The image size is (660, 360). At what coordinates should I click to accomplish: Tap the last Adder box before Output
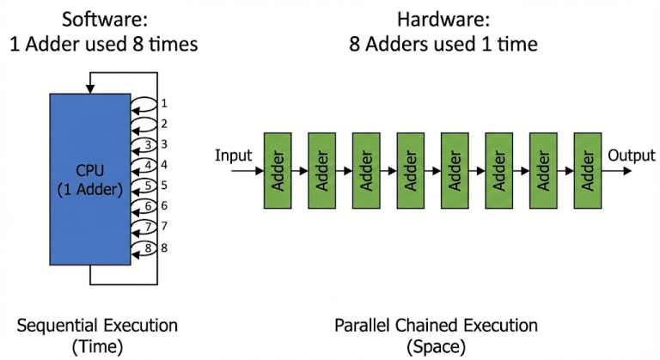coord(587,170)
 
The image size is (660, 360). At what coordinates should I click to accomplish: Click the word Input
coord(233,156)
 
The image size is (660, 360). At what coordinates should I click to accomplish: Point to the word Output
coord(632,156)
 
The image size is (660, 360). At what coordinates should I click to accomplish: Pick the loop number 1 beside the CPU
coord(163,103)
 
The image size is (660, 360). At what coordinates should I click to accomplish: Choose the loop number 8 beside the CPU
coord(163,248)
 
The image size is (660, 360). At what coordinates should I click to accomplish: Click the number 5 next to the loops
coord(163,186)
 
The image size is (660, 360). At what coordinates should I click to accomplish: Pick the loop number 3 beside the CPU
coord(163,144)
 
